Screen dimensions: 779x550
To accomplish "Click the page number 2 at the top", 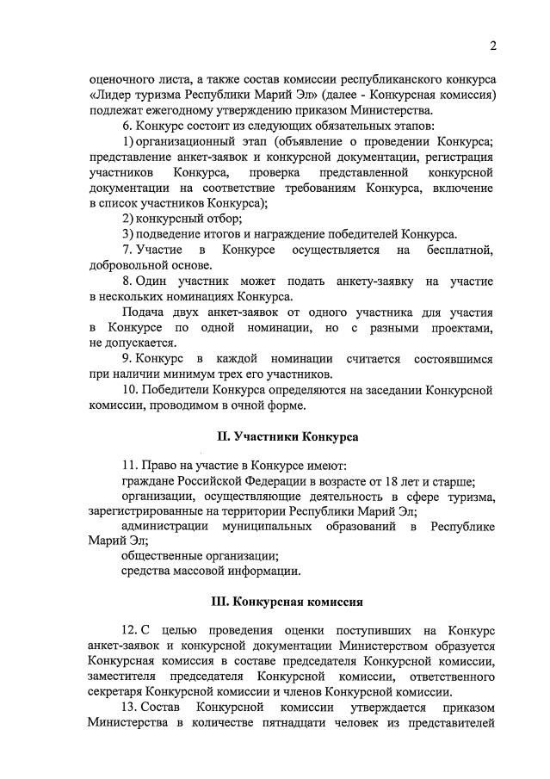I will click(x=493, y=45).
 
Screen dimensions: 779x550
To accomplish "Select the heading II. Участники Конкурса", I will click(x=287, y=436).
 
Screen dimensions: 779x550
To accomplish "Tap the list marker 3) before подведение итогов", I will click(x=127, y=233).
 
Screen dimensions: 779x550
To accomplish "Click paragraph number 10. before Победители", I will click(x=130, y=389).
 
